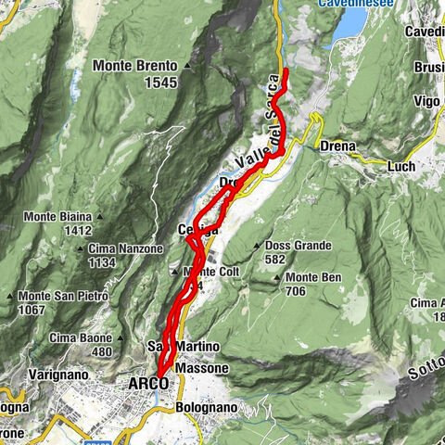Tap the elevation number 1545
(x=160, y=82)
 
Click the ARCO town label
(x=140, y=383)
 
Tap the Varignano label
(x=33, y=374)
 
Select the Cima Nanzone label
(x=128, y=248)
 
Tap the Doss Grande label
(x=296, y=245)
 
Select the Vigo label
(x=426, y=100)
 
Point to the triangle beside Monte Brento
(x=187, y=66)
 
